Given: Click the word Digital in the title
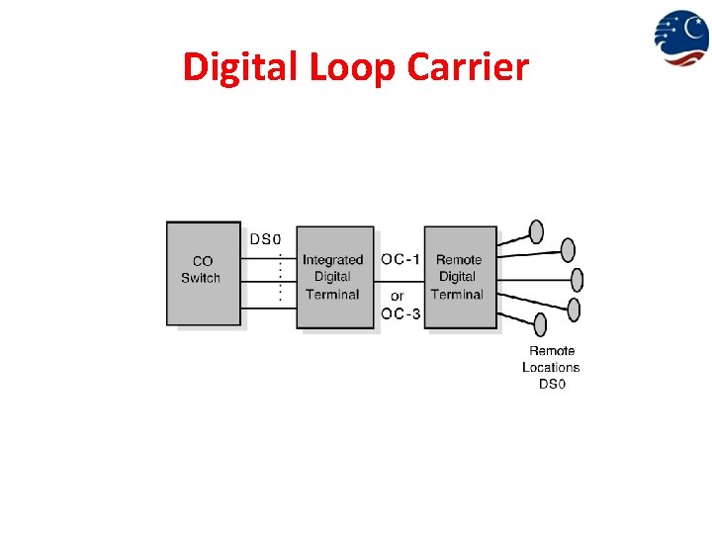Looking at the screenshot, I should coord(240,67).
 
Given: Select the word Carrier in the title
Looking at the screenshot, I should coord(469,67).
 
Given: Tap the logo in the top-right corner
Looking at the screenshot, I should coord(680,37).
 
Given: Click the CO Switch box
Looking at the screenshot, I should coord(204,273).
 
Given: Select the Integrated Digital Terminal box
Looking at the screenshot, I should coord(335,277).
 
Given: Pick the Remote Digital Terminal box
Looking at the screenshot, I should coord(460,277).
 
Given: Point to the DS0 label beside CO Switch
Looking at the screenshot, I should coord(265,238).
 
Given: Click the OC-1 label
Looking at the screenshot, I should coord(401,259).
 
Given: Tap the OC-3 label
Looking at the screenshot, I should coord(401,314).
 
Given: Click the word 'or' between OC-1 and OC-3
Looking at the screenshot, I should coord(397,296).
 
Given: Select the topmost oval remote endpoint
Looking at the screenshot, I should coord(537,231).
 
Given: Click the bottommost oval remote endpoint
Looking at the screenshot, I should coord(540,324).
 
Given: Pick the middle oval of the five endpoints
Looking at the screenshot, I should coord(578,280).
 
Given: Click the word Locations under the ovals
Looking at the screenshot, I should coord(551,367).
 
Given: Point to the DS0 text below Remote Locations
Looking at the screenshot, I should coord(552,383).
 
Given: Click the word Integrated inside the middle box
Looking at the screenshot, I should coord(332,260).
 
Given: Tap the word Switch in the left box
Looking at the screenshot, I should coord(201,278).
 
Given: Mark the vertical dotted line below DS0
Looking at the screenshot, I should coord(281,276).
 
